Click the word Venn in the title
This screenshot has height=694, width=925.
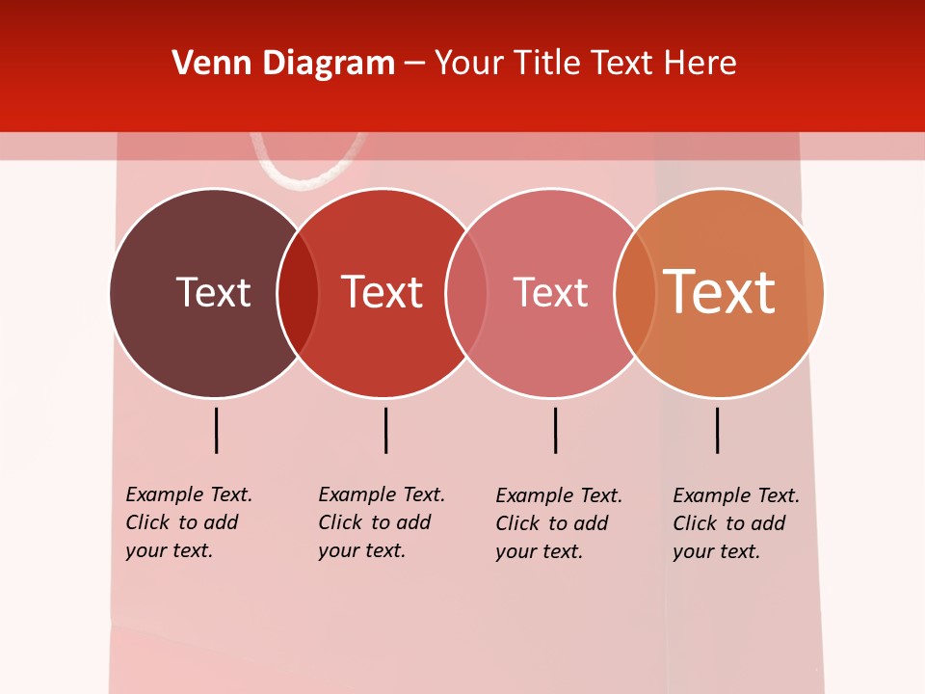pos(200,64)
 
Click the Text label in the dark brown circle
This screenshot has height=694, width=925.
pos(213,292)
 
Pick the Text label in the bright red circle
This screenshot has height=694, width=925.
pos(382,292)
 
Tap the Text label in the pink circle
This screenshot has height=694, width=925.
pos(550,293)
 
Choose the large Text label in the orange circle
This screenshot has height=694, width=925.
pos(719,291)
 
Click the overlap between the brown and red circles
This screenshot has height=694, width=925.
pos(298,293)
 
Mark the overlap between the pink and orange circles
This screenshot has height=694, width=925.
pos(635,293)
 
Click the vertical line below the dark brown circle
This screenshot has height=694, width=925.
pos(217,430)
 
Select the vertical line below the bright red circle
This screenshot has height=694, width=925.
pos(385,430)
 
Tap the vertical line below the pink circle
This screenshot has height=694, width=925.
pos(555,430)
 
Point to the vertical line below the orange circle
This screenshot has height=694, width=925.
pos(717,430)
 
